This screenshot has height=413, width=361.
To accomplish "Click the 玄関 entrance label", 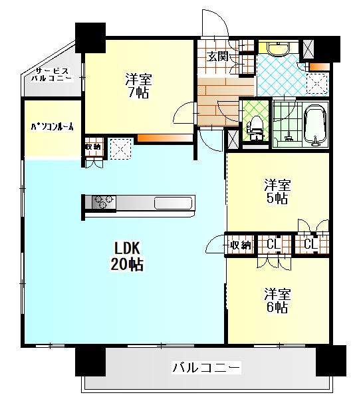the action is click(217, 57).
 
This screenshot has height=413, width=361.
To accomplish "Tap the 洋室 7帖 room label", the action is click(138, 86).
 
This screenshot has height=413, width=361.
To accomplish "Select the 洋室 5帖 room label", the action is click(277, 192).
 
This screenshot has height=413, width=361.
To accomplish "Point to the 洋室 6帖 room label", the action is click(277, 301).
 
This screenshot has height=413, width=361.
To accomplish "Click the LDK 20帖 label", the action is click(127, 256).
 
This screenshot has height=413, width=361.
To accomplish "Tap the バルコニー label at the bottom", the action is click(206, 367).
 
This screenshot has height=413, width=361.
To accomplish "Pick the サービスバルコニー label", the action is click(51, 74).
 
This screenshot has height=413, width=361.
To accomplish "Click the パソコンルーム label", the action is click(52, 127).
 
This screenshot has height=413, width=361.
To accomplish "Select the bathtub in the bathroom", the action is click(315, 126).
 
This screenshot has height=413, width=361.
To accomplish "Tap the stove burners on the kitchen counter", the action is click(104, 203).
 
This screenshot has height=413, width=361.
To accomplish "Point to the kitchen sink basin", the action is click(173, 203).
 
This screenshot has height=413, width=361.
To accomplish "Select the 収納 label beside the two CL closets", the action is click(241, 245).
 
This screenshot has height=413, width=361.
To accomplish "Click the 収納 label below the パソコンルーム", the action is click(92, 147).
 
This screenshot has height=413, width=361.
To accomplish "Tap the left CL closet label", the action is click(273, 245).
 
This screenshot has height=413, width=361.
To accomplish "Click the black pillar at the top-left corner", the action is click(90, 38).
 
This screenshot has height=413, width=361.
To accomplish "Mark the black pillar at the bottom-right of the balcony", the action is click(331, 360).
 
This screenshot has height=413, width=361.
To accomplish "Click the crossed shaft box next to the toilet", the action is click(233, 139).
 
